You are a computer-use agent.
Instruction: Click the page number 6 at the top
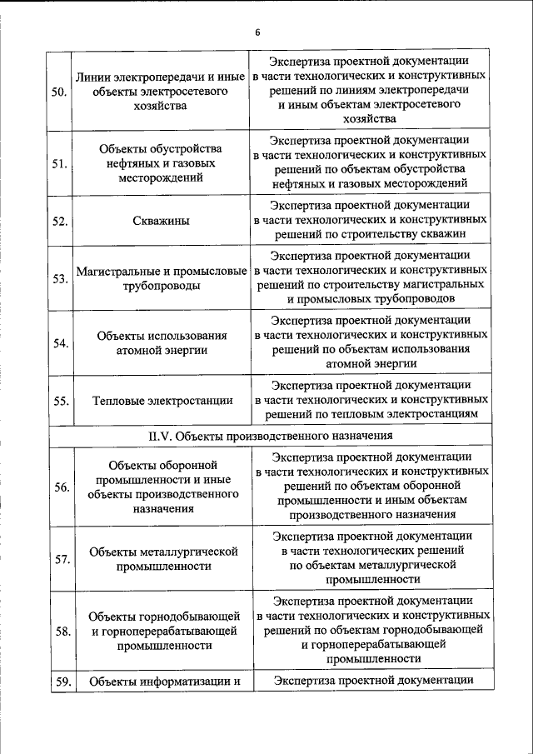258,32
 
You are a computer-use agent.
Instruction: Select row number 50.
59,92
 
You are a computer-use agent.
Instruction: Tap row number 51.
59,163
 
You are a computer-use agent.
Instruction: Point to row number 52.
59,221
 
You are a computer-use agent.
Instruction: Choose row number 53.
59,278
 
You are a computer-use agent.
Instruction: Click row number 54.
59,342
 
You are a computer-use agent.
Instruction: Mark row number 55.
59,401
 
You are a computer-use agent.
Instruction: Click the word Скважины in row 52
161,221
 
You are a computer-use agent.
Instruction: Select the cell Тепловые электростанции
162,401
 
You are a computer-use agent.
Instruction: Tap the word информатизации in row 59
200,682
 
